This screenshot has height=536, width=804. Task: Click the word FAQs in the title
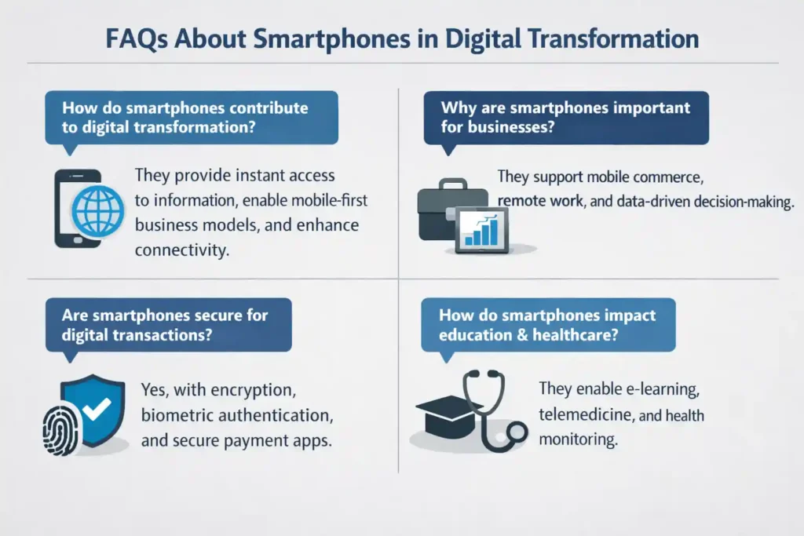(137, 39)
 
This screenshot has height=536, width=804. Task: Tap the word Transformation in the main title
(612, 38)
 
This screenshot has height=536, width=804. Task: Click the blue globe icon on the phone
(98, 211)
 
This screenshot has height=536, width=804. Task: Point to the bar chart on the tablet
(481, 230)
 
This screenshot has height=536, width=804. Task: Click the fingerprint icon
(61, 430)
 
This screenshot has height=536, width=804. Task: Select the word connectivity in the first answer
(182, 250)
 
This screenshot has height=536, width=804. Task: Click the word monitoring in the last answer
(578, 439)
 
